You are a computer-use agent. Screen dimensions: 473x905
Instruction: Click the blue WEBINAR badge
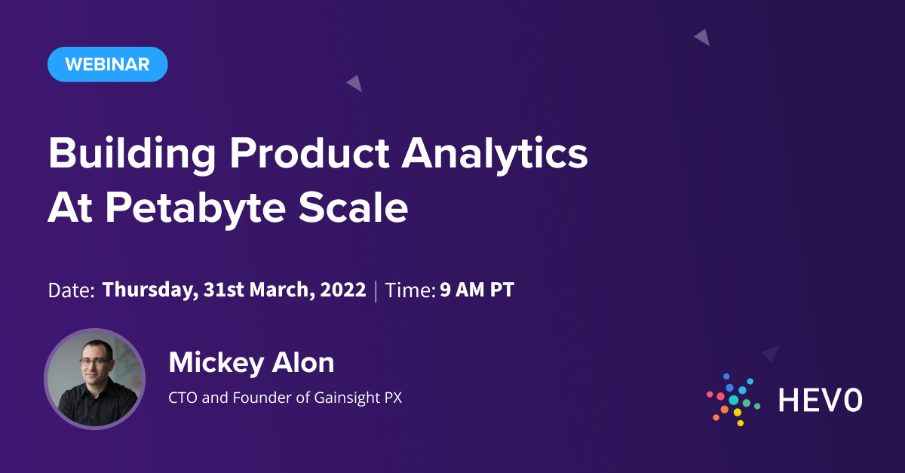pyautogui.click(x=107, y=64)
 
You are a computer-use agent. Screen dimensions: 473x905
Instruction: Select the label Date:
pyautogui.click(x=71, y=290)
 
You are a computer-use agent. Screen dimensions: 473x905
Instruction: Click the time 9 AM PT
pyautogui.click(x=477, y=290)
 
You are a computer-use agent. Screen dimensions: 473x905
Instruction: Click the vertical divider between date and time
pyautogui.click(x=376, y=290)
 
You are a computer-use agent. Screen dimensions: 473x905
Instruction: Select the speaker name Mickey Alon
pyautogui.click(x=251, y=363)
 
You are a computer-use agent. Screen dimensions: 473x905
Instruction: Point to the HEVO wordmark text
pyautogui.click(x=820, y=401)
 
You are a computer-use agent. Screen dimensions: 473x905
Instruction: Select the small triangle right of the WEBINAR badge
pyautogui.click(x=355, y=83)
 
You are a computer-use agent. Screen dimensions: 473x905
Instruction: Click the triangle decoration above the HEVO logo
pyautogui.click(x=771, y=353)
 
